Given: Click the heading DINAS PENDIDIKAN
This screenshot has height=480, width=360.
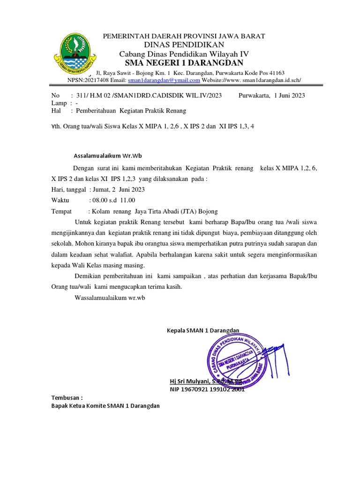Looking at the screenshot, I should coord(184,45).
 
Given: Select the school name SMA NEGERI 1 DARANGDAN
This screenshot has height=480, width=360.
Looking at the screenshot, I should coord(184,63).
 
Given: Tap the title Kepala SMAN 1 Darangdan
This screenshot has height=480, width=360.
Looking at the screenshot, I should coord(203,330).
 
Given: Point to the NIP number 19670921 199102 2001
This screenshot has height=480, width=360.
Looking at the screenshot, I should coord(207,389).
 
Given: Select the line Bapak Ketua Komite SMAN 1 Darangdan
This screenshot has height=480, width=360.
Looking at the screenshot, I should coord(105,405).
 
